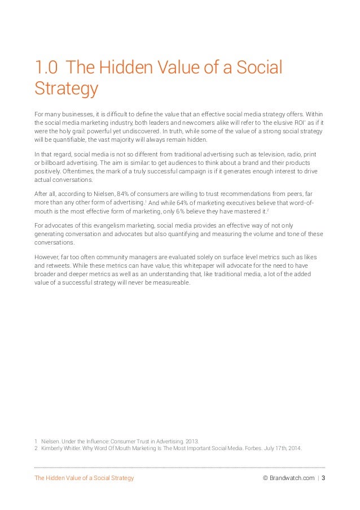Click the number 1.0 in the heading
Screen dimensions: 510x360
pos(46,68)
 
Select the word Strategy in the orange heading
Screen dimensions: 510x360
pos(66,89)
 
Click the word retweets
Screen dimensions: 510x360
pos(58,265)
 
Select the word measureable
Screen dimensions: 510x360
pos(170,283)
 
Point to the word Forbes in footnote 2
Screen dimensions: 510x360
pos(255,449)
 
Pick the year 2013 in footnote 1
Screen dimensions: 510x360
pos(192,441)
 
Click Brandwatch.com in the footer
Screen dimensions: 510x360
pos(292,478)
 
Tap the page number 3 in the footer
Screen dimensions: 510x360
pos(323,478)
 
